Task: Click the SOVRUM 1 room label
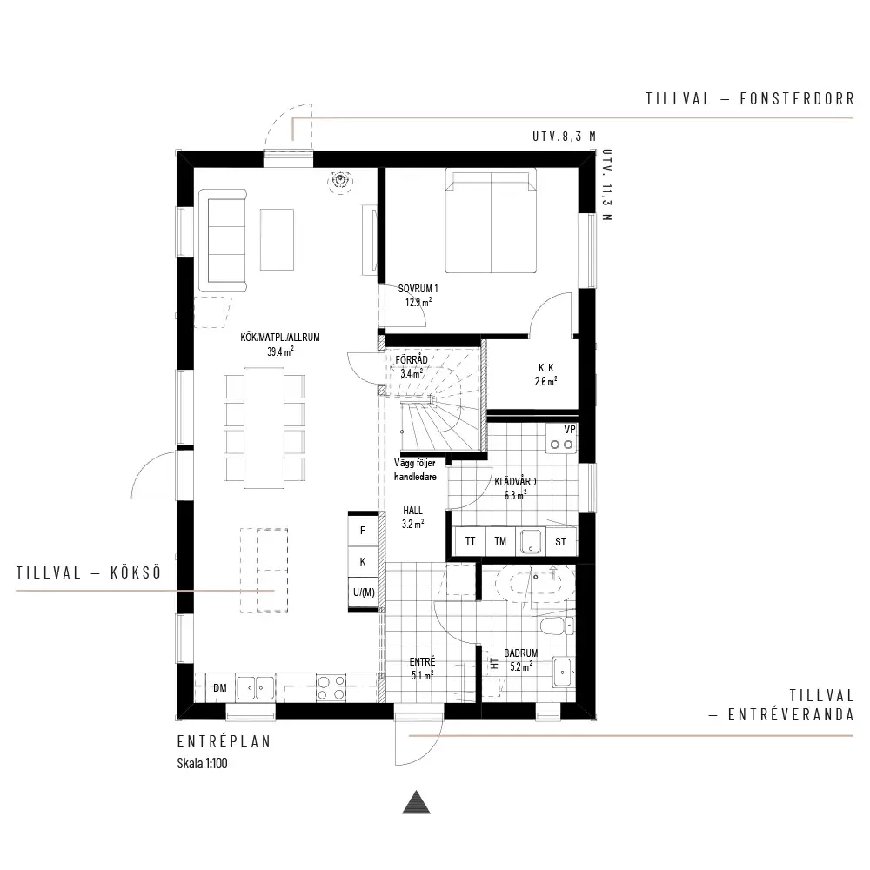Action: [x=418, y=289]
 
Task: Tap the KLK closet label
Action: [x=546, y=368]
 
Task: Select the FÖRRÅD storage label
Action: [x=412, y=360]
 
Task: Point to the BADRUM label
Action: [x=520, y=653]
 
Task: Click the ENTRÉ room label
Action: [x=422, y=662]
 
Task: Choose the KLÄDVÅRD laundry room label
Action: [x=515, y=482]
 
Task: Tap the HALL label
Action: [x=412, y=511]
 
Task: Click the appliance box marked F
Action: [x=363, y=531]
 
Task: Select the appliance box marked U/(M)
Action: [x=364, y=592]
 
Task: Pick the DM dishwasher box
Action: [x=220, y=688]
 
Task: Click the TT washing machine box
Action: [x=471, y=541]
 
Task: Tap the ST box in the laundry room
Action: [x=561, y=541]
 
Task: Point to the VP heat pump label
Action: [x=569, y=430]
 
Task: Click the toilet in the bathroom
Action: [x=557, y=626]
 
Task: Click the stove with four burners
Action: [x=331, y=688]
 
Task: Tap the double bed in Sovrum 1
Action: [x=491, y=221]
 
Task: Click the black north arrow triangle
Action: [x=416, y=802]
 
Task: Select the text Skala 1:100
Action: [x=202, y=764]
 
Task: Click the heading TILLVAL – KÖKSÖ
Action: [x=89, y=572]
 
